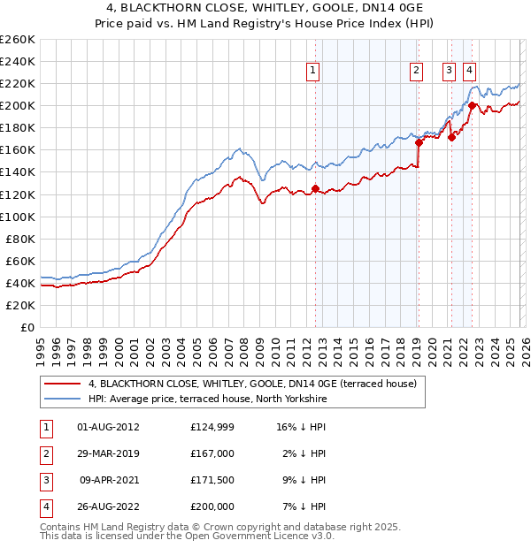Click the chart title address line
265,9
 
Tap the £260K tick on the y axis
18,40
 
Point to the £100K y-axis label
18,217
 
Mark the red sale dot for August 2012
315,188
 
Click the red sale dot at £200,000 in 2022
472,106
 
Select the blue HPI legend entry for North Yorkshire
207,400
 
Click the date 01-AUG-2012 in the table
109,427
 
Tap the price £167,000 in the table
212,453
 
